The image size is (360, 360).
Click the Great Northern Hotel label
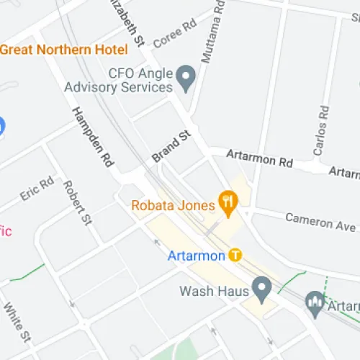tap(63, 50)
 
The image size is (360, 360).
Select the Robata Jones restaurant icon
tap(228, 204)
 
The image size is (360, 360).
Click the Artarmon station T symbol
tap(235, 255)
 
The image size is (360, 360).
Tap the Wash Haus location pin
tap(262, 290)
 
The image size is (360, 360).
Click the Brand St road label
tap(170, 146)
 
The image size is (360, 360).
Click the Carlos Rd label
tap(321, 131)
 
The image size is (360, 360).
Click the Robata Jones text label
tap(173, 205)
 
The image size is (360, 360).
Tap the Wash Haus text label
tap(214, 292)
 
